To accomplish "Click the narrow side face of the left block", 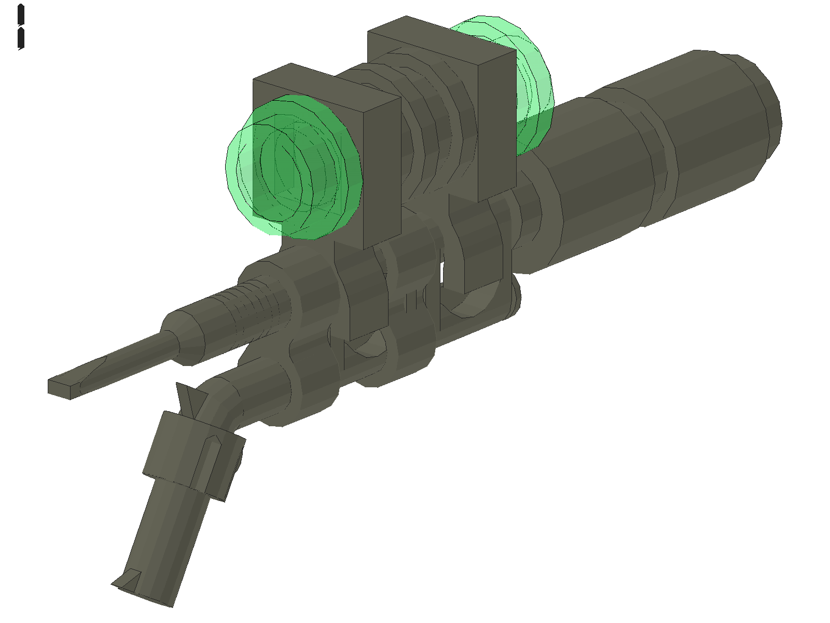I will pyautogui.click(x=383, y=171).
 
